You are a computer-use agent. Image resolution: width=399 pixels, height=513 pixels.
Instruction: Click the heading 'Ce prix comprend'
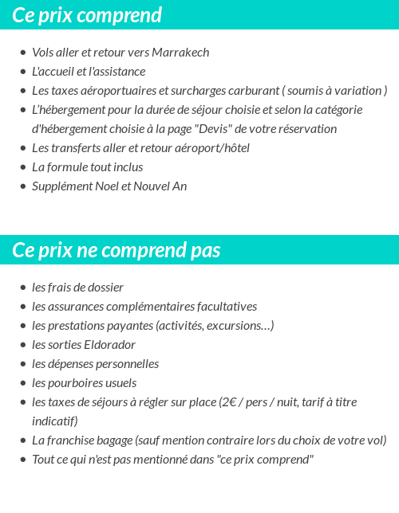(x=87, y=15)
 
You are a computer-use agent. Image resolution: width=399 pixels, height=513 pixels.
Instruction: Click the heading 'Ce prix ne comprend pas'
(x=117, y=250)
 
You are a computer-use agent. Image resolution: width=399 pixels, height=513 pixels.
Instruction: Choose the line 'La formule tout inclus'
(x=88, y=167)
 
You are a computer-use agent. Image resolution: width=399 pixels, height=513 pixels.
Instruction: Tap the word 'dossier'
(x=104, y=288)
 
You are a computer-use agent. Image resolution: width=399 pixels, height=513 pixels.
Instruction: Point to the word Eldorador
(x=109, y=345)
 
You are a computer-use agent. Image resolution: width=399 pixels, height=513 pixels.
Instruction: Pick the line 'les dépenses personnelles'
(x=96, y=364)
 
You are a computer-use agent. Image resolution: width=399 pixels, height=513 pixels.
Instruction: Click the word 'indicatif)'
(x=55, y=421)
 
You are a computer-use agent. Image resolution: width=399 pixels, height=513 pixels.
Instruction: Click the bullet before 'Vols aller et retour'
(x=23, y=53)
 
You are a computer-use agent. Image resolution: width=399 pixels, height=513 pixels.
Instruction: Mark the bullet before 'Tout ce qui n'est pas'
(x=23, y=460)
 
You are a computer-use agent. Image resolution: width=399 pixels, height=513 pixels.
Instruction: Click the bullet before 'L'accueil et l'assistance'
(x=23, y=72)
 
